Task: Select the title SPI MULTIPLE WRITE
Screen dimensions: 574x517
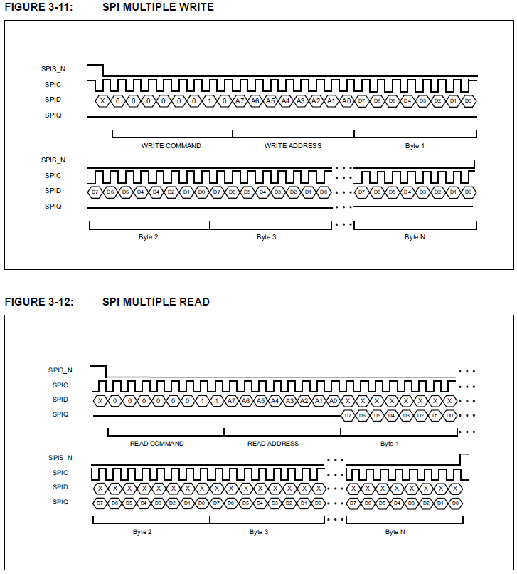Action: (158, 7)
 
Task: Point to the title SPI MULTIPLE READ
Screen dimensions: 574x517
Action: (156, 301)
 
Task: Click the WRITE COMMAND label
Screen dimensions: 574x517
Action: (171, 145)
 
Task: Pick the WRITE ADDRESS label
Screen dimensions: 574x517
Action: (292, 145)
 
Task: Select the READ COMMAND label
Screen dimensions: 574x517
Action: (156, 443)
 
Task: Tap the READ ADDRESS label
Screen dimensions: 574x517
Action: (273, 443)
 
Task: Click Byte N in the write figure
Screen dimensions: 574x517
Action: (415, 236)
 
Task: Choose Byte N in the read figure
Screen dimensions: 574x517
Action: (395, 532)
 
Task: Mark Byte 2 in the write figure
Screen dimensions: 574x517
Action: (148, 236)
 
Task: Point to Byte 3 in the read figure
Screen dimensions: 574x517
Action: (259, 532)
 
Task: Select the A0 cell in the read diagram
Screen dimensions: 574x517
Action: (334, 400)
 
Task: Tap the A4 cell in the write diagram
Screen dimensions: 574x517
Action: (285, 101)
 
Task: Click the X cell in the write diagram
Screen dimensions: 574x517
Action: (102, 101)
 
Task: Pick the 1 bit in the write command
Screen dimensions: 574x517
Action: (209, 101)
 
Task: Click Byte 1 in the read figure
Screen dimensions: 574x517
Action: (389, 443)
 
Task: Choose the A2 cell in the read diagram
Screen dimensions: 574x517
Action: (304, 400)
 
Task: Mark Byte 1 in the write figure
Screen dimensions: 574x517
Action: (415, 145)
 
